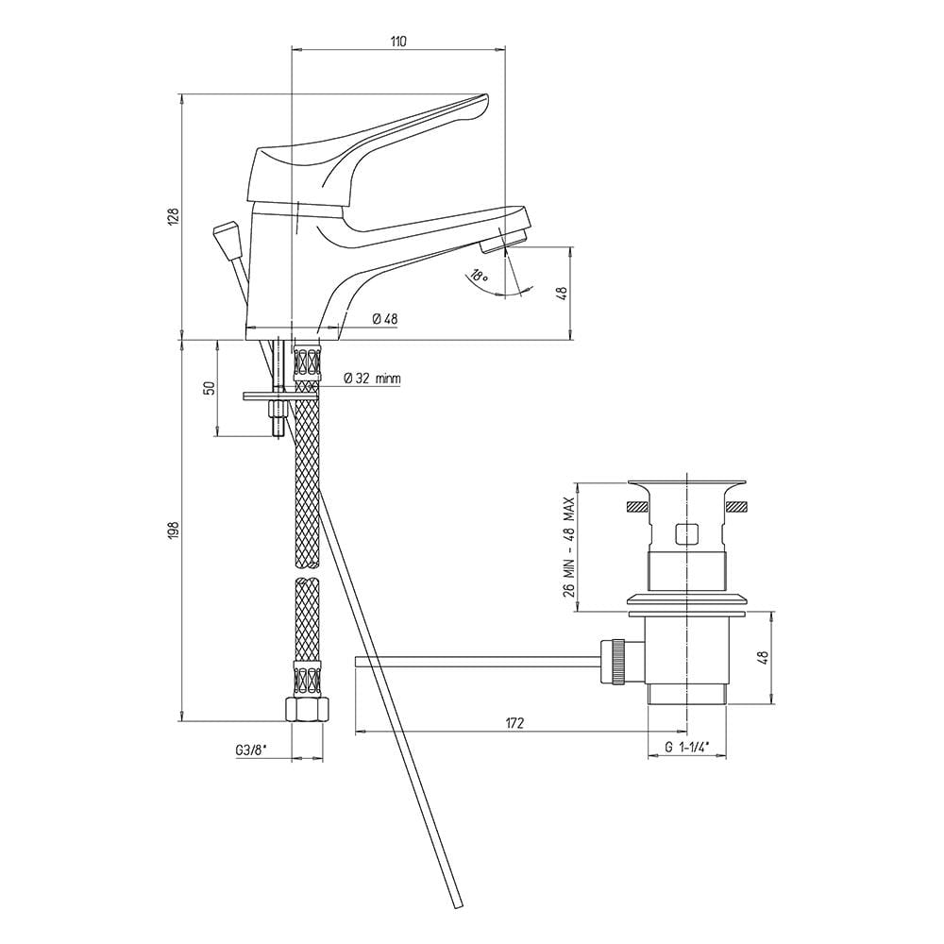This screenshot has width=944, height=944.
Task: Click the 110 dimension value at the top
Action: pos(398,42)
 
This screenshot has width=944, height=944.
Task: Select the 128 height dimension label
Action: pos(174,217)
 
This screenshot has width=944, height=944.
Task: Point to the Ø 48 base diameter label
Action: pos(385,319)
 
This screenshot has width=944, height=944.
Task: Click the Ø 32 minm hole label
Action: pos(372,379)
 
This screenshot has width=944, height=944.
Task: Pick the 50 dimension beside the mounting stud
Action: pos(210,388)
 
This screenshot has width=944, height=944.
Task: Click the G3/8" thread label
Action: pos(250,750)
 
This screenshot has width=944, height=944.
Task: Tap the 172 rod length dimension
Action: pos(514,723)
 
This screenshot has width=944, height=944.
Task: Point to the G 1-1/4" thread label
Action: pos(687,747)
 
